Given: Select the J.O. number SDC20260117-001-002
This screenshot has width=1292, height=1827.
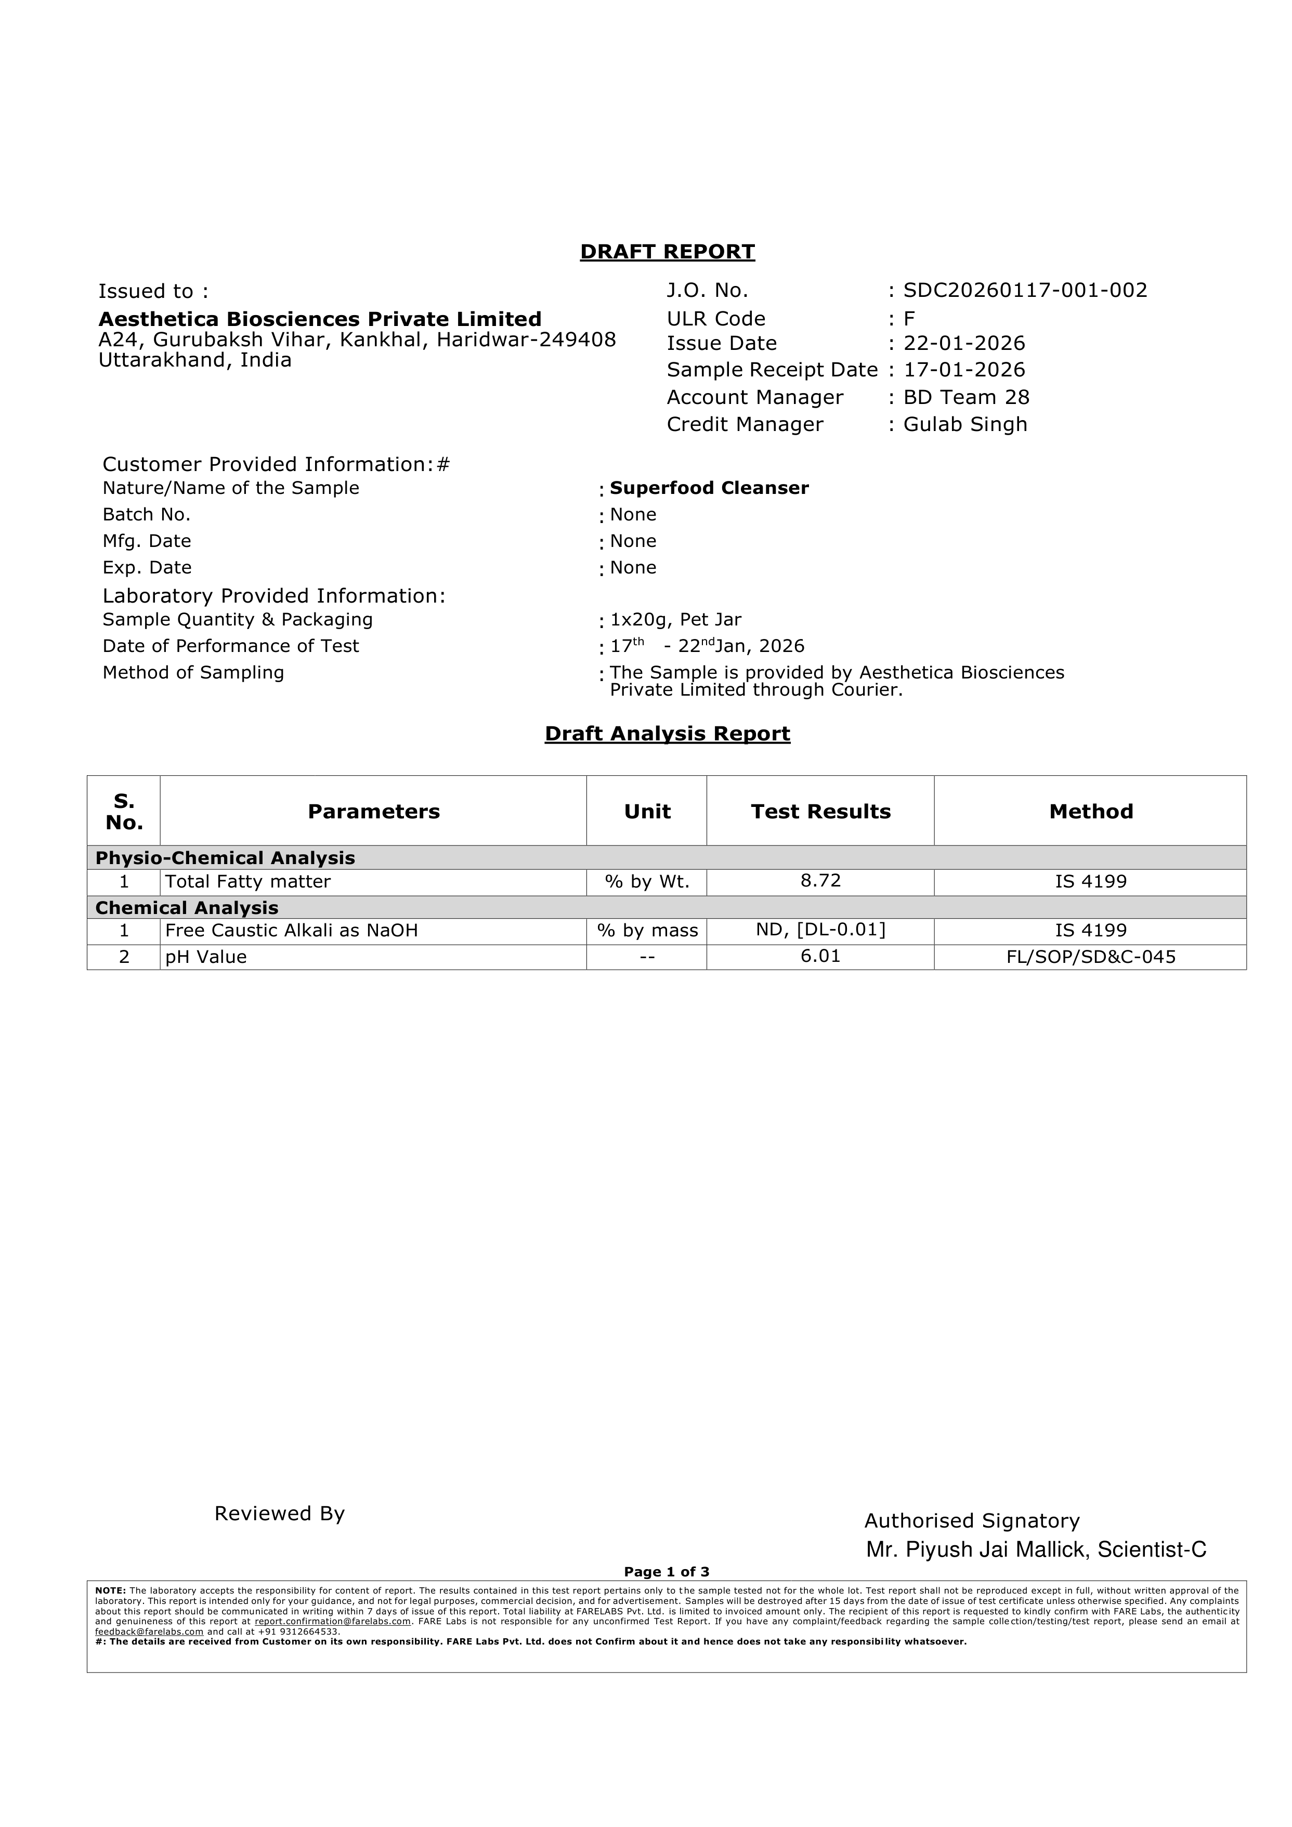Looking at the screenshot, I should point(1025,291).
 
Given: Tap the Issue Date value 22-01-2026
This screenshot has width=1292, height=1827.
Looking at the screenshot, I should point(964,344).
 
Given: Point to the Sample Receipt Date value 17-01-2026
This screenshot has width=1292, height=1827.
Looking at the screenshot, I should point(964,370).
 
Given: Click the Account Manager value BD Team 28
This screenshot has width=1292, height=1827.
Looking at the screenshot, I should point(966,397).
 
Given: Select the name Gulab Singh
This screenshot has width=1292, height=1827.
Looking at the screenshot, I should point(965,424).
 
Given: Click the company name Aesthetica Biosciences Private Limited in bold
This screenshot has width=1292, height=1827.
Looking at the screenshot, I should point(320,319).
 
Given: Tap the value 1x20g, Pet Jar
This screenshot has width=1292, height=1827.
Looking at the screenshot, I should point(675,619).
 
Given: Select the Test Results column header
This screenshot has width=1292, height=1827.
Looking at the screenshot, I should point(820,812).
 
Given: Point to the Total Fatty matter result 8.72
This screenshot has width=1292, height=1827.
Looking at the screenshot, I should point(820,881).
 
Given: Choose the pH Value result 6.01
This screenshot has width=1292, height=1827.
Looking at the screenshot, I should point(820,957).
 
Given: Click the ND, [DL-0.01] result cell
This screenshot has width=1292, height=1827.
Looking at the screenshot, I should point(820,930).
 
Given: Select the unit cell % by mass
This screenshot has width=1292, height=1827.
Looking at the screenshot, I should point(647,931).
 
